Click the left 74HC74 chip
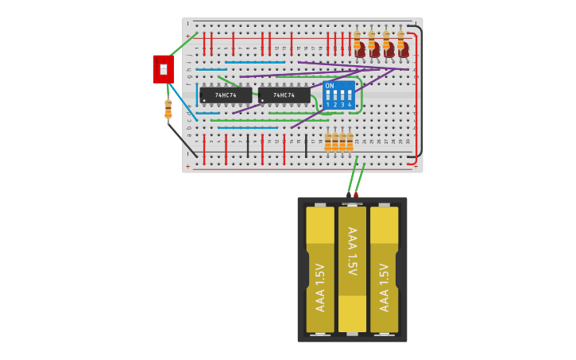tap(226, 95)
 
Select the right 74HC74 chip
tap(284, 95)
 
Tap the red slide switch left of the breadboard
tap(163, 69)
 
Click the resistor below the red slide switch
tap(168, 110)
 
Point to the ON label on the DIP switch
tap(330, 86)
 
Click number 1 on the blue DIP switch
tap(327, 105)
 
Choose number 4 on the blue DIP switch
tap(350, 105)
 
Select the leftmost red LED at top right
tap(360, 50)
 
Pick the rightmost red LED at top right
tap(404, 50)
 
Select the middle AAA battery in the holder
tap(352, 269)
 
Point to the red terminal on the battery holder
tap(356, 195)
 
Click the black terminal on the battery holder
tap(348, 195)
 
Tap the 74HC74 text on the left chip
tap(226, 95)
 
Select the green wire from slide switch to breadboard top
tap(183, 44)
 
